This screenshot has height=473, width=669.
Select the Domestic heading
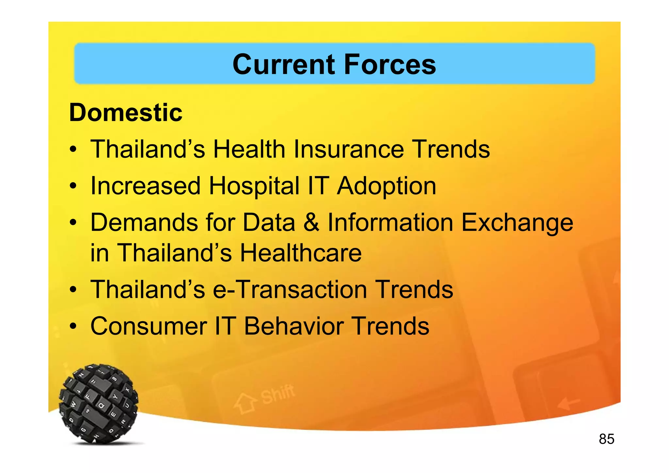pos(126,113)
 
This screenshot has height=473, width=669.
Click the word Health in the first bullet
pos(249,149)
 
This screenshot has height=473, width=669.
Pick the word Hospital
pos(254,186)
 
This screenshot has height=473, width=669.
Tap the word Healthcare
pos(301,253)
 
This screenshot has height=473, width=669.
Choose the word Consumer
pos(149,326)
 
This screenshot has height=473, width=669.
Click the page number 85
pos(606,439)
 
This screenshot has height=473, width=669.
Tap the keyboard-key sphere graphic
pos(99,404)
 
